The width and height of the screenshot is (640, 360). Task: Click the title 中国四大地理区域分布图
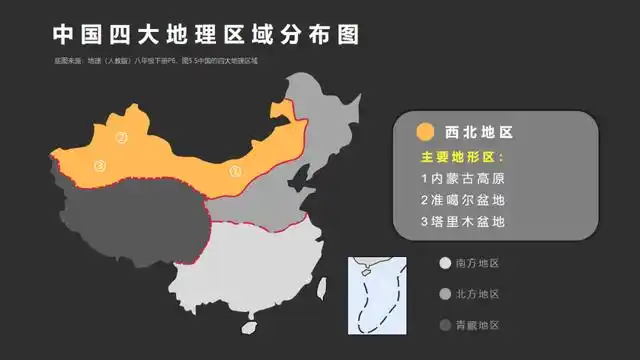click(205, 35)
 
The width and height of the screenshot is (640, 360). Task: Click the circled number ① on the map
click(236, 170)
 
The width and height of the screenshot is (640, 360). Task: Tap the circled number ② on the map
click(121, 138)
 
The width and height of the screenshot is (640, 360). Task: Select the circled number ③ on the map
click(100, 166)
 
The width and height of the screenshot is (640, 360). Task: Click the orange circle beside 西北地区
click(425, 132)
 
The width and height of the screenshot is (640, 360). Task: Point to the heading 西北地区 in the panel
click(478, 132)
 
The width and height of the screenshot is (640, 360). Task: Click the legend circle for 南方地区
click(444, 264)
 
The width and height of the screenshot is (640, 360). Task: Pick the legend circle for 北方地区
click(444, 295)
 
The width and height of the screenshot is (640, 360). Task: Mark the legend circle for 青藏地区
click(444, 325)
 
